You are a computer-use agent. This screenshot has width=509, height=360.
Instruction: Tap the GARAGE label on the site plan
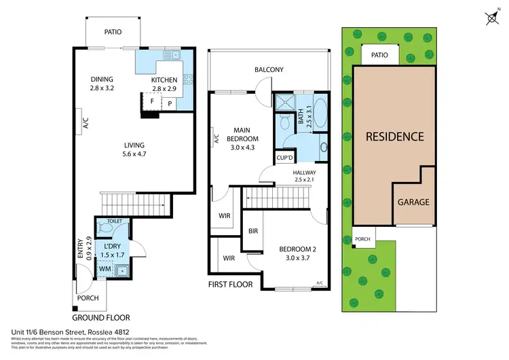click(413, 202)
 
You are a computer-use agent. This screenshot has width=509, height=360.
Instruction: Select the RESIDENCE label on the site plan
click(394, 137)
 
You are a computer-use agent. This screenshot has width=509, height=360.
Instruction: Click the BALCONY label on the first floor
click(269, 70)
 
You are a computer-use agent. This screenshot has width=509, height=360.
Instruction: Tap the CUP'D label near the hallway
click(284, 158)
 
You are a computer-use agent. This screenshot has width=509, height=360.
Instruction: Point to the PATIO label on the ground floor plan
click(112, 31)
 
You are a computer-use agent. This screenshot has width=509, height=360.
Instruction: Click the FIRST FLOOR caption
click(231, 284)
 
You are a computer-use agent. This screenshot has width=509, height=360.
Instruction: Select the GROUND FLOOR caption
click(100, 317)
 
